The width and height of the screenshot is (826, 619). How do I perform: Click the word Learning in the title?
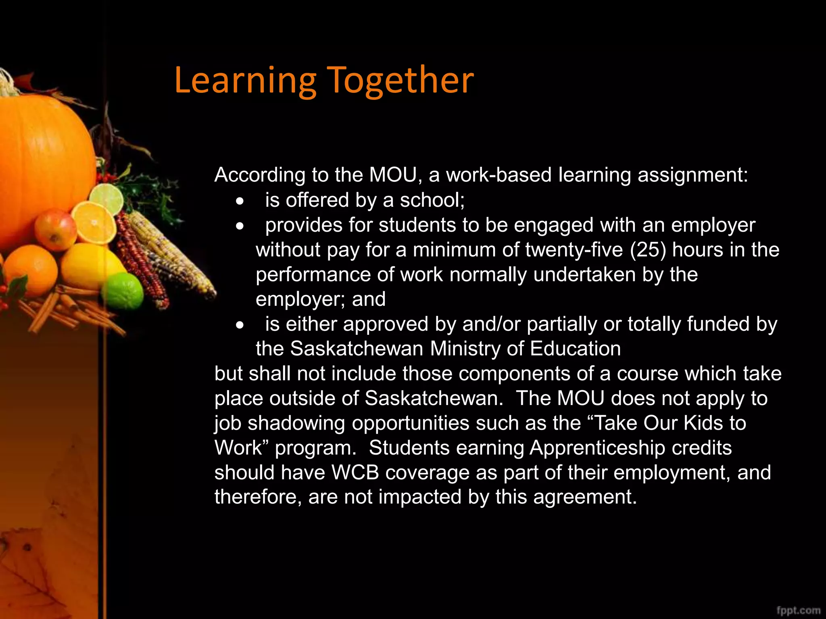click(x=245, y=81)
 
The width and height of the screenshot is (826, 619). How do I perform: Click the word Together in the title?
click(x=400, y=81)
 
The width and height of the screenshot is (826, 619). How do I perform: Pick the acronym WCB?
click(x=355, y=472)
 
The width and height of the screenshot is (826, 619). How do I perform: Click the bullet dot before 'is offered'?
click(x=240, y=201)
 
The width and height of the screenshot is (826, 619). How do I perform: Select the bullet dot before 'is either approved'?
click(x=240, y=325)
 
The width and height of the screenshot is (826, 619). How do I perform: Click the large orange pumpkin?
click(x=40, y=161)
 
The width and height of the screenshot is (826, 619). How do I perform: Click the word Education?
click(x=575, y=349)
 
